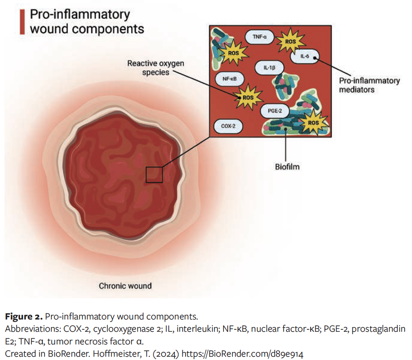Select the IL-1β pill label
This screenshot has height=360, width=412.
point(267,68)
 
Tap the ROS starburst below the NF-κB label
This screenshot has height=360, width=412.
point(248,98)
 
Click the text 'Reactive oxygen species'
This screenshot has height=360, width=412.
point(156,67)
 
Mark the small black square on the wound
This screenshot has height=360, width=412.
point(154,175)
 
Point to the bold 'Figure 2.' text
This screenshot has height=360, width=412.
point(24,317)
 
